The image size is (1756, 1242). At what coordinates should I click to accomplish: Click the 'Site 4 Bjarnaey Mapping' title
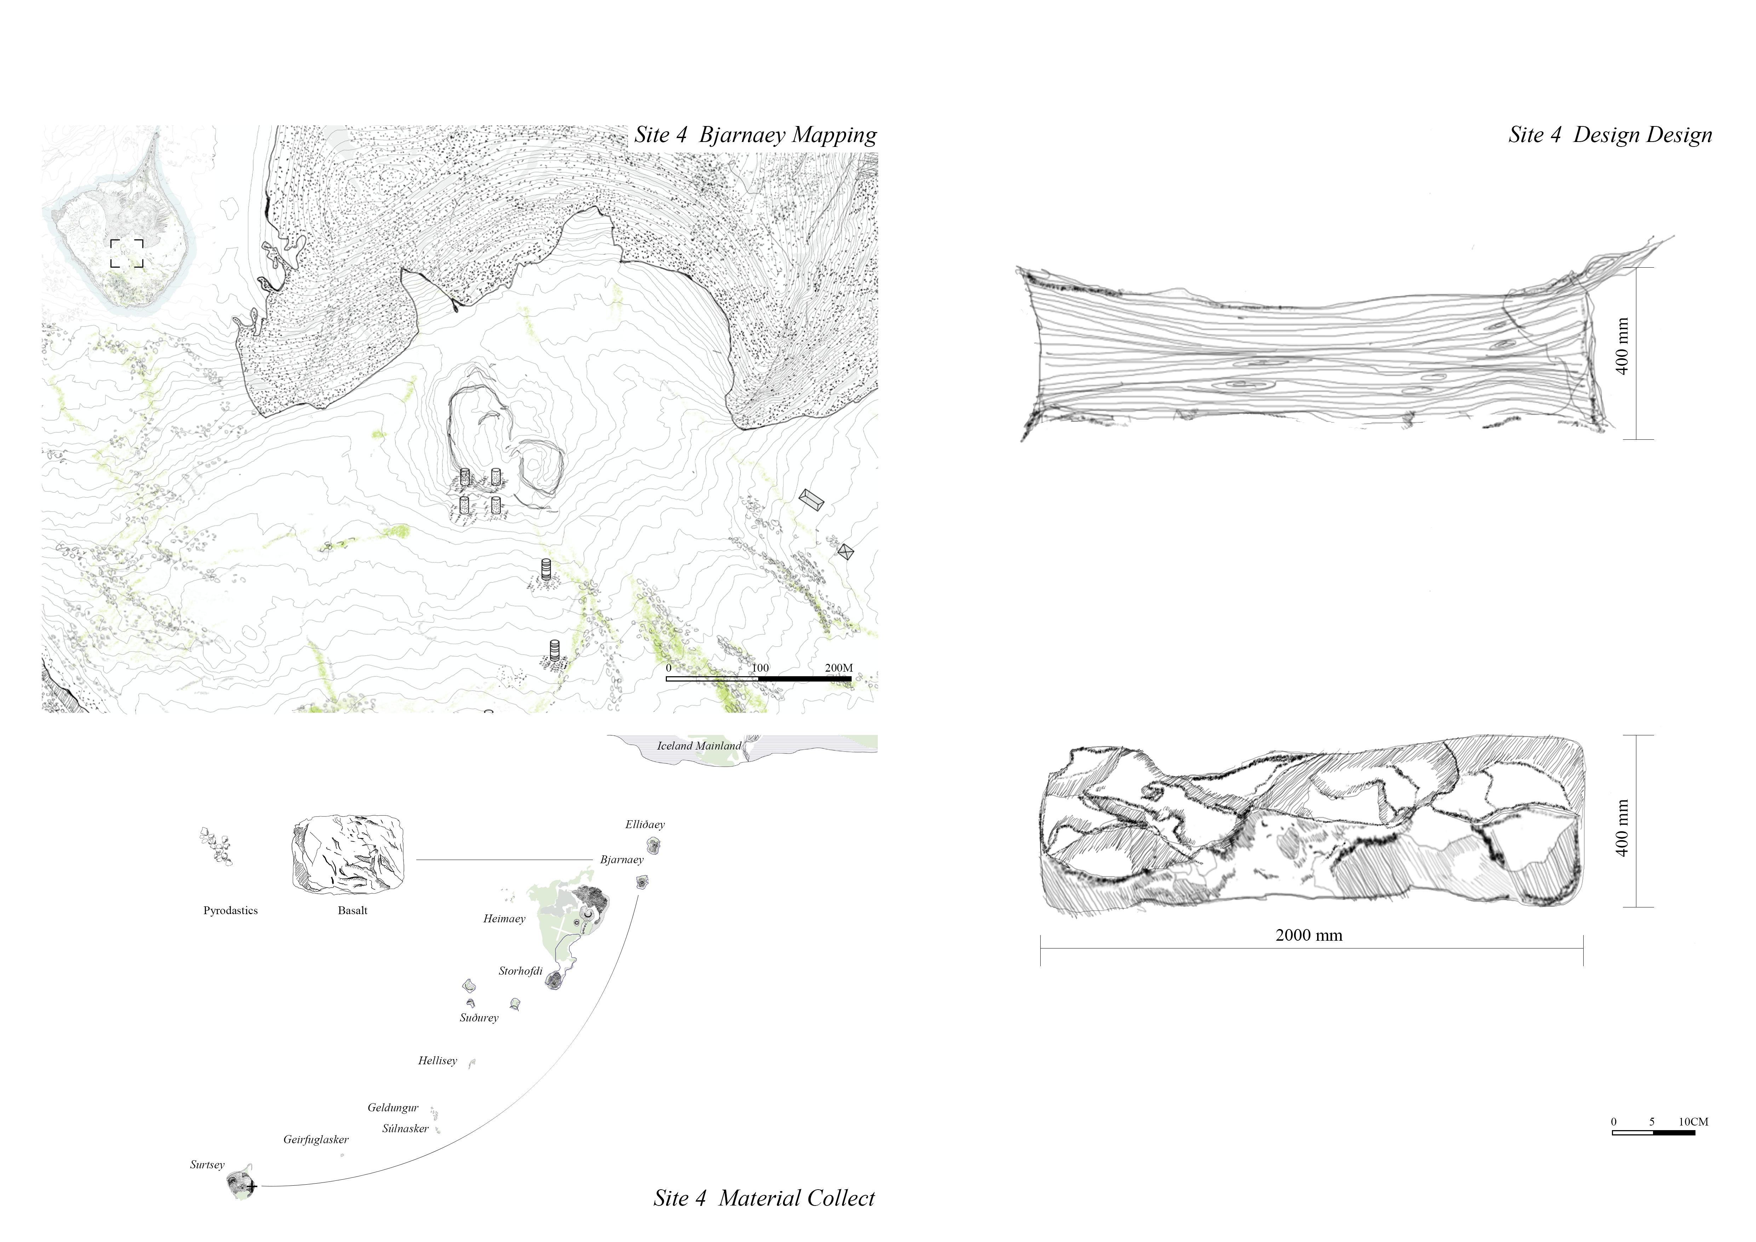click(755, 135)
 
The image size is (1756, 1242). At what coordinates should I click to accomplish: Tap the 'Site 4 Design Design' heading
click(1610, 135)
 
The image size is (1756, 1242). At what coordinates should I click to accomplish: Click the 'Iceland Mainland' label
click(698, 746)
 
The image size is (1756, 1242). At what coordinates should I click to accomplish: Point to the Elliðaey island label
click(645, 825)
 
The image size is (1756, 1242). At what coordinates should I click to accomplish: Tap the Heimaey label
click(504, 918)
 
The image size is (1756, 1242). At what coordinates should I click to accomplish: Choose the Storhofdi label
click(520, 971)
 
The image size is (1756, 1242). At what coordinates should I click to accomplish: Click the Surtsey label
click(207, 1165)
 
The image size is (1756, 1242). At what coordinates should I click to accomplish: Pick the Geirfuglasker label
click(316, 1140)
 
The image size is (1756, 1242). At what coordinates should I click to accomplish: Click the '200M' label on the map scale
click(838, 668)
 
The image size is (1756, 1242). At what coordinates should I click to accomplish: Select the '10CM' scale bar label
click(1693, 1122)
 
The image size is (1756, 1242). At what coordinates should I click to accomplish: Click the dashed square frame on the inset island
click(127, 253)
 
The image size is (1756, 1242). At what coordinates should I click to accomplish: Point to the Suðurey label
click(479, 1018)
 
